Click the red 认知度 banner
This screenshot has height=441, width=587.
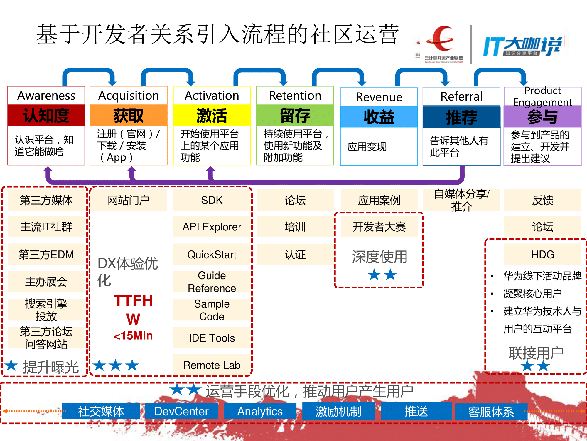click(x=46, y=115)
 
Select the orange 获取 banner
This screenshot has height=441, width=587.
click(x=129, y=115)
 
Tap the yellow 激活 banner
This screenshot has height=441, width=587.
click(x=212, y=115)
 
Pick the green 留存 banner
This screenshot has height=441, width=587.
click(x=295, y=115)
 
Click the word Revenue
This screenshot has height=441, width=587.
click(x=379, y=97)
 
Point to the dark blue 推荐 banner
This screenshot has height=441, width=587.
click(x=461, y=117)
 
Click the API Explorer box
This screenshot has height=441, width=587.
click(x=212, y=227)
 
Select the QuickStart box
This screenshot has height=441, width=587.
click(x=212, y=254)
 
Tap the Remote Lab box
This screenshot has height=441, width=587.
click(x=212, y=365)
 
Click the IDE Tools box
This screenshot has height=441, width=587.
click(x=212, y=338)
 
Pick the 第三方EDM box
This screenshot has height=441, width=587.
click(x=46, y=254)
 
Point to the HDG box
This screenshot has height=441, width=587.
click(x=542, y=254)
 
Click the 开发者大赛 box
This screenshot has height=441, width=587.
click(x=379, y=227)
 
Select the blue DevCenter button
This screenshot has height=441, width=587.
click(x=181, y=411)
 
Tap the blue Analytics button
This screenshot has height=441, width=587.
click(x=260, y=411)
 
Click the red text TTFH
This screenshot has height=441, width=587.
click(x=133, y=301)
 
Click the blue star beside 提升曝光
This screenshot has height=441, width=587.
click(x=11, y=365)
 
